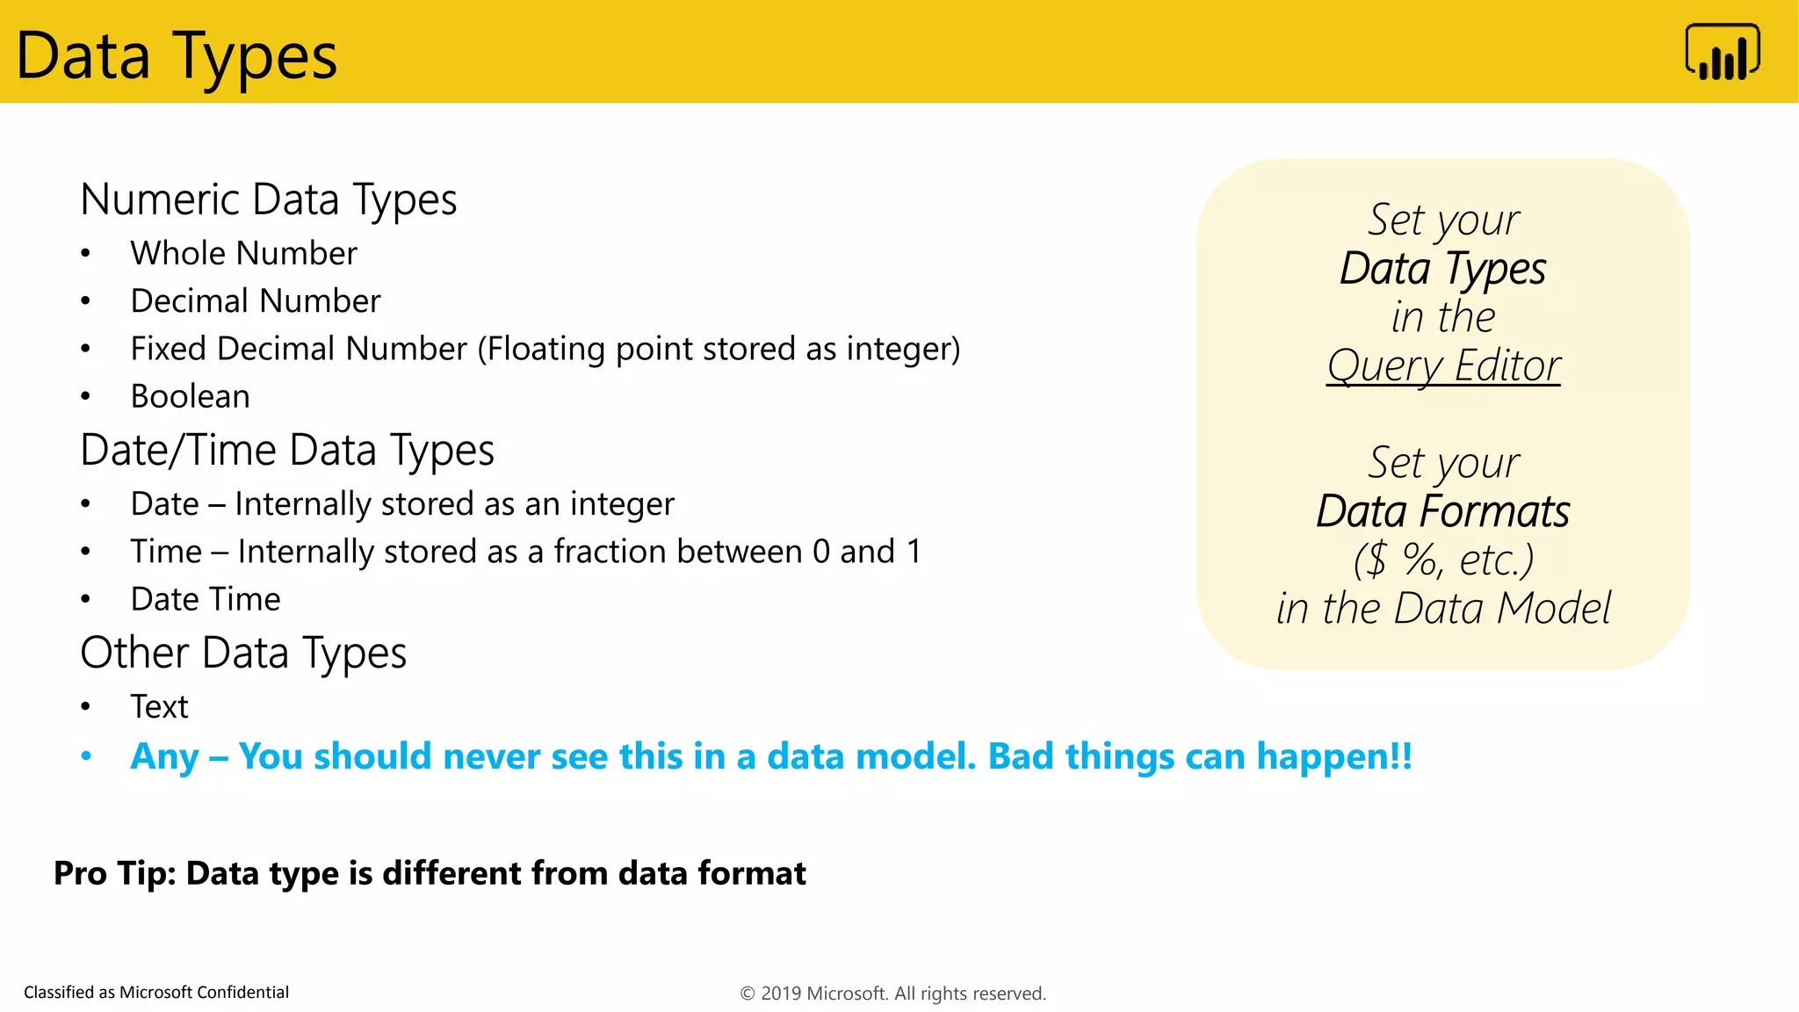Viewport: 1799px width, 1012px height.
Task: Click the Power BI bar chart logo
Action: pos(1723,53)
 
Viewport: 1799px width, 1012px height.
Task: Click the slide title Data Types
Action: pos(176,56)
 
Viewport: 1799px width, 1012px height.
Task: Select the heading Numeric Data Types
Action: pos(268,199)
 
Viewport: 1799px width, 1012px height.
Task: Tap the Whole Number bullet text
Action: pos(243,254)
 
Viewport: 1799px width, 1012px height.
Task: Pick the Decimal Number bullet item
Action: pos(255,301)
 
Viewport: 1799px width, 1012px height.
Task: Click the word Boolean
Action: pos(190,397)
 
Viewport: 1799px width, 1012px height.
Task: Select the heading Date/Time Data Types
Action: pos(286,451)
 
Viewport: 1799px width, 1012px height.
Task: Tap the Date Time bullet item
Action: pos(205,600)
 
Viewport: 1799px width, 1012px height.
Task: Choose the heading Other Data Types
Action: pos(242,654)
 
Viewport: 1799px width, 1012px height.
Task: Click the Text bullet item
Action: pos(159,707)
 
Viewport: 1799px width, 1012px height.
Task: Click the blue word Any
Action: pos(164,757)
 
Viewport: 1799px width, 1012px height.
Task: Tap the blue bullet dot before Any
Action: pos(86,756)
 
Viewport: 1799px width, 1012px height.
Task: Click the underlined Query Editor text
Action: pos(1443,366)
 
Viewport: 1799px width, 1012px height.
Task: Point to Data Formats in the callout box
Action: pos(1442,512)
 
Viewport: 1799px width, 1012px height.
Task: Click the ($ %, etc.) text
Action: pos(1442,560)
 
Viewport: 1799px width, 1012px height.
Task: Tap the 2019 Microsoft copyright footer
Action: pos(892,994)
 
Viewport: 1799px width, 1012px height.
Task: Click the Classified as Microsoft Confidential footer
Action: pos(156,993)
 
